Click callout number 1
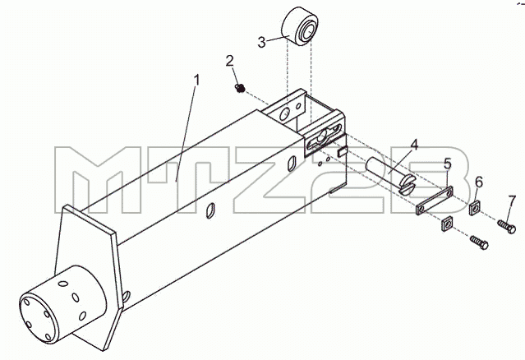(x=197, y=81)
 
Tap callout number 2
(x=229, y=62)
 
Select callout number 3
(x=261, y=43)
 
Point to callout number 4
(x=414, y=145)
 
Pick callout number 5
(x=448, y=164)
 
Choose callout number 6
(x=479, y=182)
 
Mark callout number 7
(x=512, y=201)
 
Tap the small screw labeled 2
(x=239, y=88)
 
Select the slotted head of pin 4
(x=408, y=185)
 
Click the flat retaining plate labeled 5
(x=435, y=201)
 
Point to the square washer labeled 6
(x=475, y=208)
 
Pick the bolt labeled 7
(x=506, y=226)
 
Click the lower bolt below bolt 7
(x=479, y=242)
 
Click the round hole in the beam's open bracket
(x=285, y=114)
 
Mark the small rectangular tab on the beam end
(x=342, y=152)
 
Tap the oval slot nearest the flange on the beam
(x=210, y=211)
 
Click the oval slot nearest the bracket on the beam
(x=292, y=164)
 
